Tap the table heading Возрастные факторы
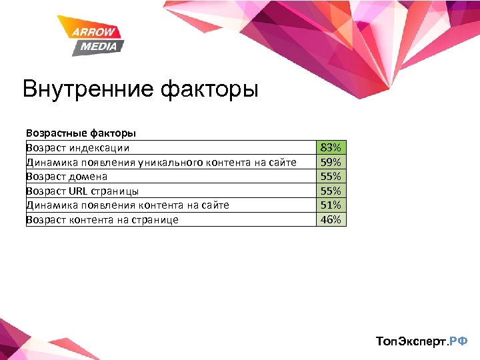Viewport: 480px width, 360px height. coord(81,133)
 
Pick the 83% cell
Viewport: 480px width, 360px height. coord(331,147)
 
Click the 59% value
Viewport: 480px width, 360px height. coord(331,162)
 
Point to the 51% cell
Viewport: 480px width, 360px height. coord(331,205)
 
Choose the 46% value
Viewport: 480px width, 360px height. coord(331,219)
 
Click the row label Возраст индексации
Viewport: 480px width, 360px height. coord(78,148)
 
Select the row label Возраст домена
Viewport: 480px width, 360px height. coord(67,177)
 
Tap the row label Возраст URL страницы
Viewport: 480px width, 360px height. coord(82,191)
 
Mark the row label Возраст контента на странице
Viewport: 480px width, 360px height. coord(102,219)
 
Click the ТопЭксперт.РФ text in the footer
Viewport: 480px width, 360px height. coord(422,341)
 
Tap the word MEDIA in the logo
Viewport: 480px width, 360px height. coord(99,46)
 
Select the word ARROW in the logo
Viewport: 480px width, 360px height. coord(95,32)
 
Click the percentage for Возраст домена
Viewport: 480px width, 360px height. coord(331,176)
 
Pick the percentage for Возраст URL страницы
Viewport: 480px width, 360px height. coord(331,191)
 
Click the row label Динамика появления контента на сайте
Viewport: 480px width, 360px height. coord(127,205)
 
